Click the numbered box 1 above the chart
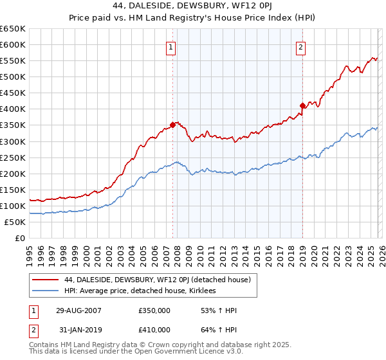click(171, 46)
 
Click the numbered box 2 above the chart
click(301, 46)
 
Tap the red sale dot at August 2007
click(172, 125)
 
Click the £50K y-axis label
click(15, 222)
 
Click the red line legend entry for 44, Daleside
click(143, 280)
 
